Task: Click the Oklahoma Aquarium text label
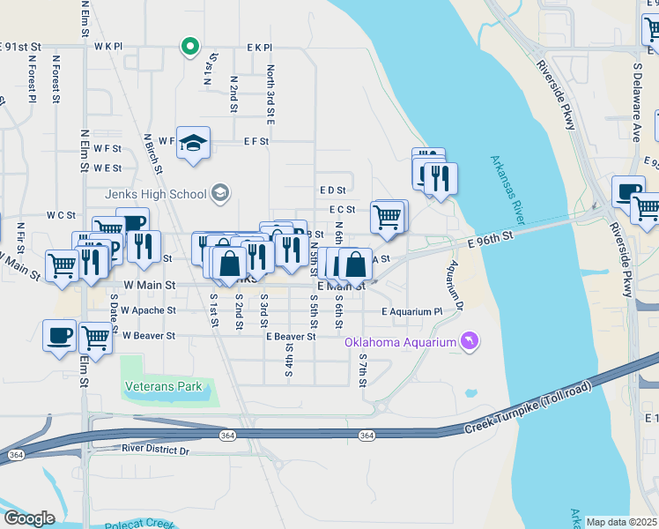click(400, 342)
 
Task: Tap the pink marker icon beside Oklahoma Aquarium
click(470, 341)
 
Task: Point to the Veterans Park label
click(163, 386)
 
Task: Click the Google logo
click(29, 518)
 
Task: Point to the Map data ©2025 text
click(621, 522)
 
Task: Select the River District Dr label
click(155, 451)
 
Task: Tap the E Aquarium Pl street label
click(411, 312)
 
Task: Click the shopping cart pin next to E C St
click(389, 216)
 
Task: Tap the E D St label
click(332, 190)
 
